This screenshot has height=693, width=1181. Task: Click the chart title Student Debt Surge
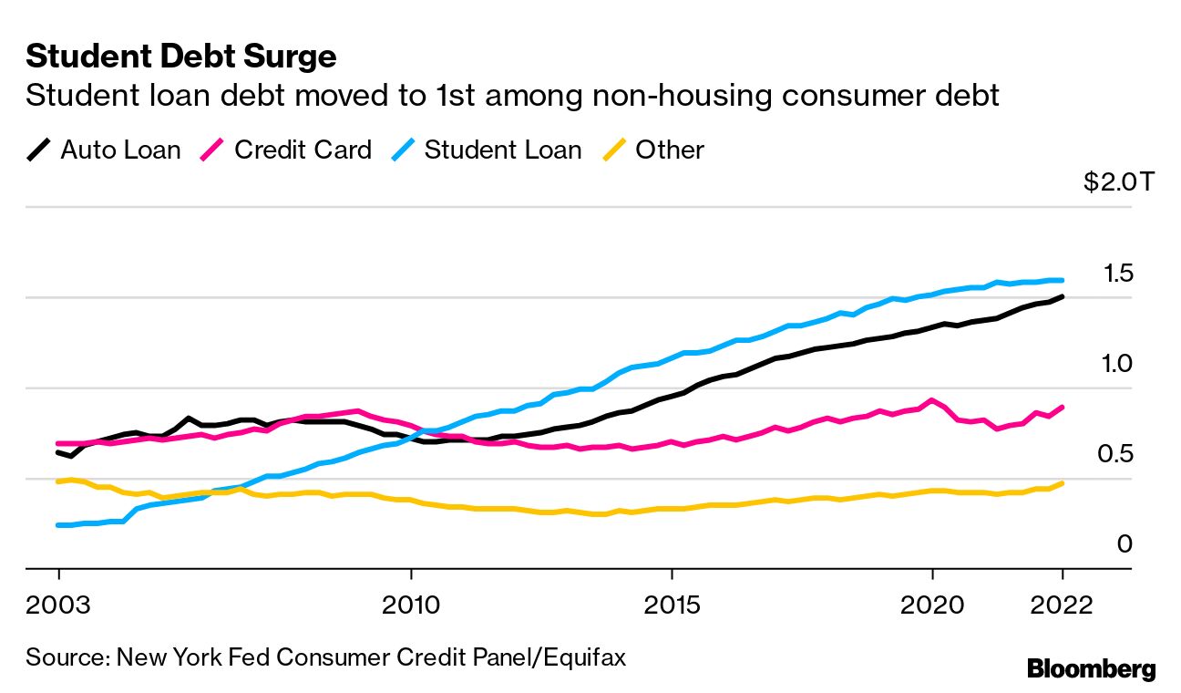(181, 57)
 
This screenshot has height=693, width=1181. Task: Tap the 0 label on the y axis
(1124, 544)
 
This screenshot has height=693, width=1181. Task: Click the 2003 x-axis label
(58, 605)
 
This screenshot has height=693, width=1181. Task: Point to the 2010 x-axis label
(411, 605)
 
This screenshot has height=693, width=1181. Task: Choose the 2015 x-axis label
(672, 605)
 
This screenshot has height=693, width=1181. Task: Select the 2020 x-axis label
(932, 605)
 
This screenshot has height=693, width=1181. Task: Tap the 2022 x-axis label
(1062, 605)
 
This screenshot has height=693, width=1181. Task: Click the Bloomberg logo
(1091, 668)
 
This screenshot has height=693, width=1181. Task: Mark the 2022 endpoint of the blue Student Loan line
(1062, 280)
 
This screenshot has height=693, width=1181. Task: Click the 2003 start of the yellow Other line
(58, 481)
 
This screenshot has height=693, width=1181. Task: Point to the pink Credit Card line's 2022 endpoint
(1062, 407)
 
